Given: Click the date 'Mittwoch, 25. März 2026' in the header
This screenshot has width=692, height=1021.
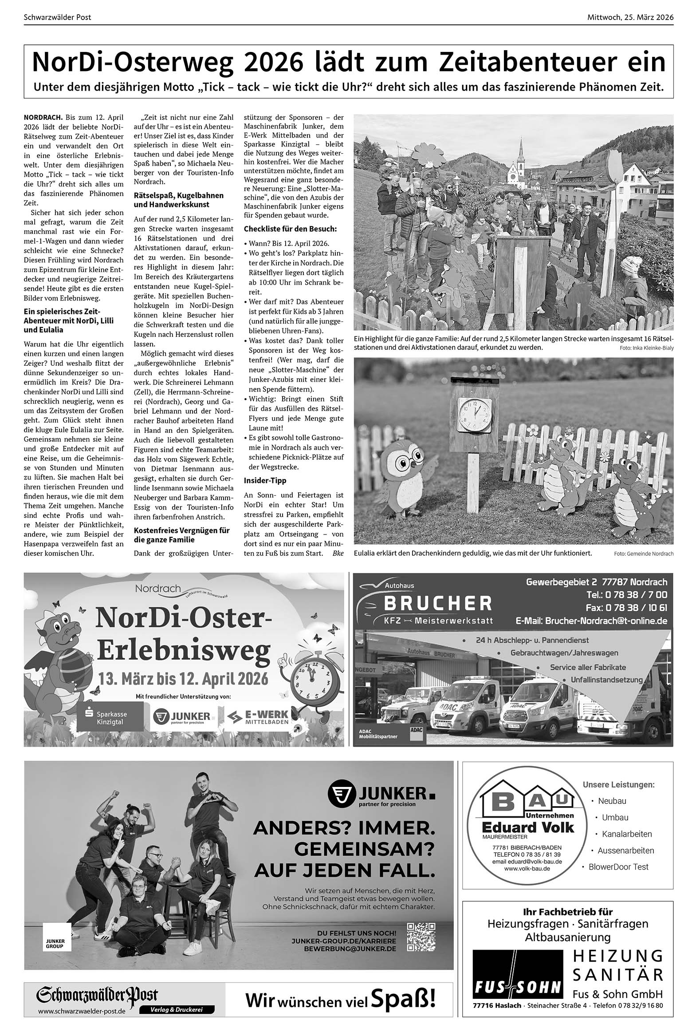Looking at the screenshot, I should coord(630,17).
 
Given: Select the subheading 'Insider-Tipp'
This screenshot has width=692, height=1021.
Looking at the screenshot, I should coord(265,481).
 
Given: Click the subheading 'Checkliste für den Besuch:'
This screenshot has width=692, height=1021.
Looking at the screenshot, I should coord(290,229).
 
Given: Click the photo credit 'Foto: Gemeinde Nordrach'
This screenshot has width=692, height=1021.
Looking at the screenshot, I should coord(644,554).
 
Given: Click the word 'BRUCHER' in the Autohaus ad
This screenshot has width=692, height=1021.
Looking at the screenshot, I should coord(437,603).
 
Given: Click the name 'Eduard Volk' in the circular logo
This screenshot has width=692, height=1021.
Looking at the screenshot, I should coord(527,827).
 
